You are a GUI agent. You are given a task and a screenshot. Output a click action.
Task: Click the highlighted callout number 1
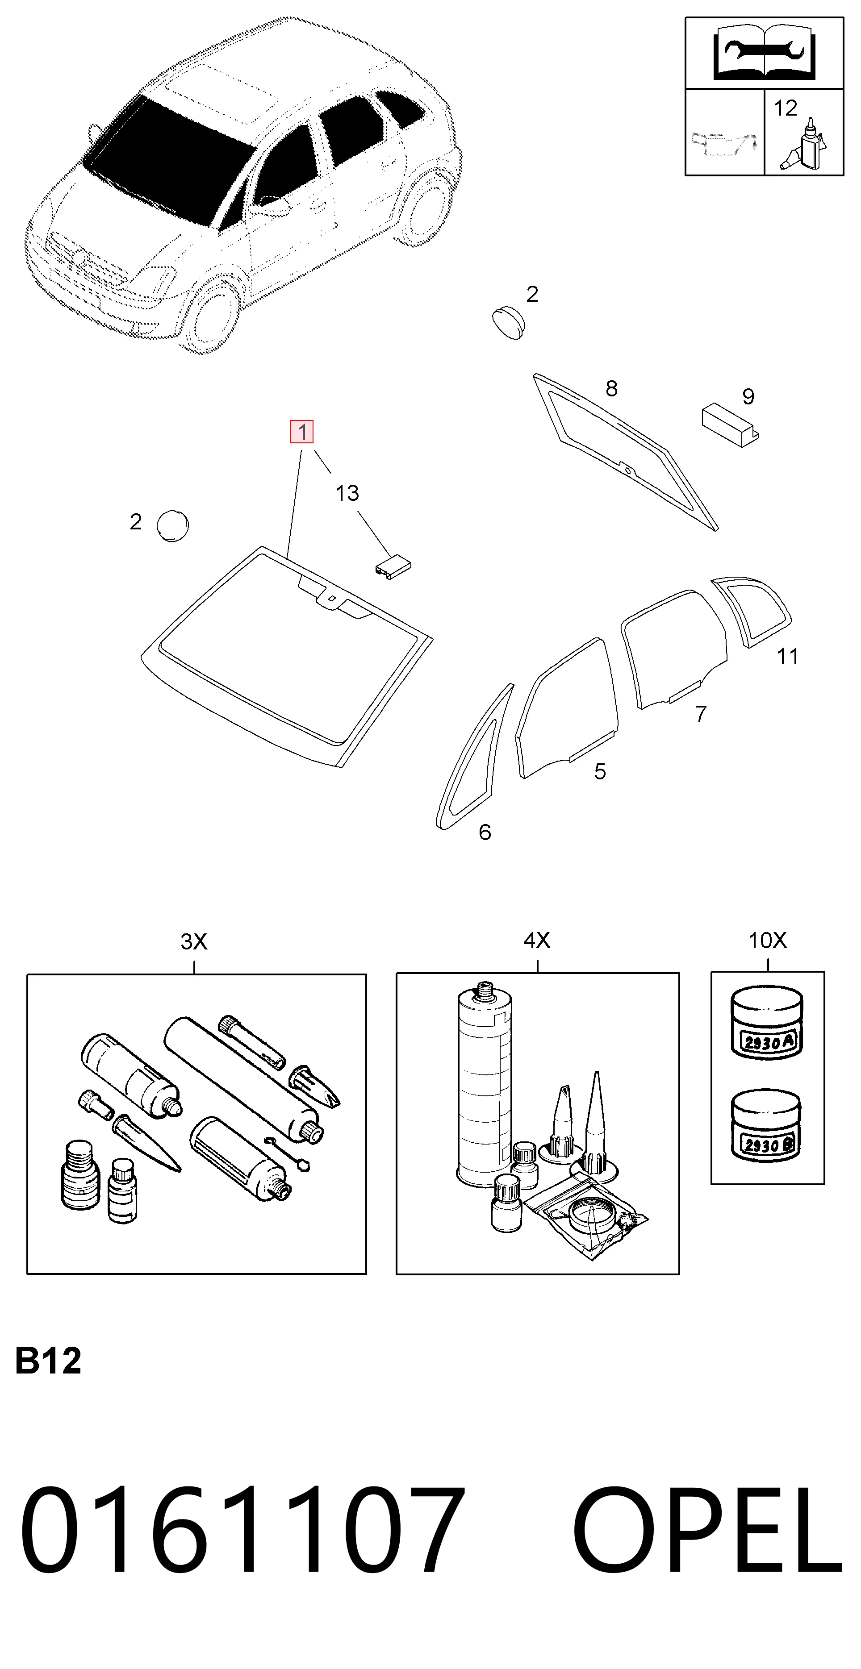302,432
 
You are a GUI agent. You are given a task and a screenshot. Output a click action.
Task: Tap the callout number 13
347,493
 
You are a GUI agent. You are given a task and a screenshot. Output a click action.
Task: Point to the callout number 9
748,396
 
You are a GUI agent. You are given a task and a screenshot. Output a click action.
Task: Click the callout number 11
788,656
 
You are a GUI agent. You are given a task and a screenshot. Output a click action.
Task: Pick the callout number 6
485,832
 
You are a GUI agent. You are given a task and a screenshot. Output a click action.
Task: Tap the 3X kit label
194,941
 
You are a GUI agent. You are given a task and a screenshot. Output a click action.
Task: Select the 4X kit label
537,940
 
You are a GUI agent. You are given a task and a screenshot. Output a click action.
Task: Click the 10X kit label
768,940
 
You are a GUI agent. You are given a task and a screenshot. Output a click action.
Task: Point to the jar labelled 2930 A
766,1024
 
